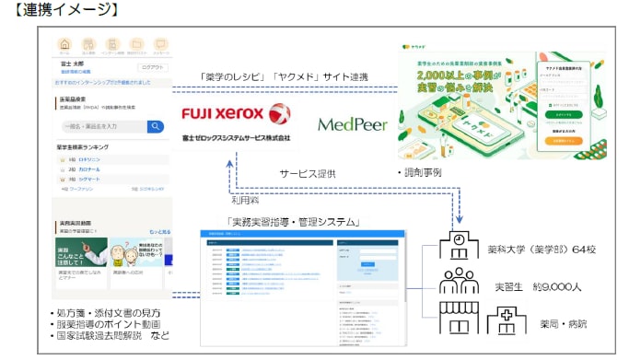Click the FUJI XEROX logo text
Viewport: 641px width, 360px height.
(222, 114)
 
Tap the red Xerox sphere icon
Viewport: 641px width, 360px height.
(279, 114)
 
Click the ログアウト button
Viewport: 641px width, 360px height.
(150, 67)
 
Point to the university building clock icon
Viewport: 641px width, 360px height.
(458, 245)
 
